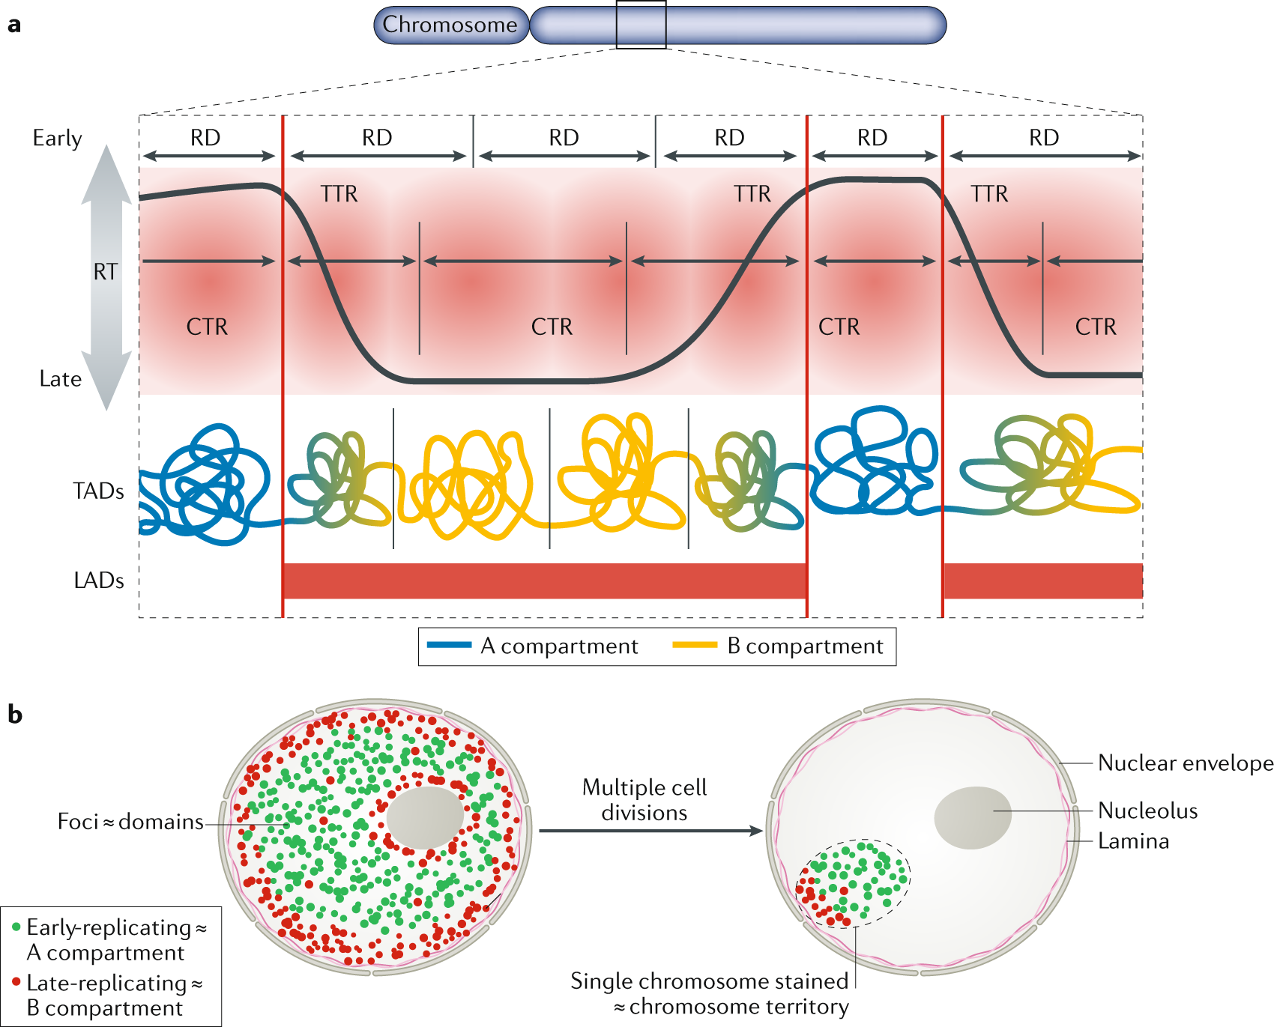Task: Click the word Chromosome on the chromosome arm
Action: coord(450,25)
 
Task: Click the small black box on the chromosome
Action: coord(641,25)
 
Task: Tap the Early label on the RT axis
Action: coord(57,139)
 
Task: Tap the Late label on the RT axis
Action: coord(60,379)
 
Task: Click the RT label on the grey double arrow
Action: coord(106,272)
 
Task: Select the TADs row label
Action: coord(98,491)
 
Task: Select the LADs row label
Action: coord(98,581)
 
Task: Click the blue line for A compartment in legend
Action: coord(449,645)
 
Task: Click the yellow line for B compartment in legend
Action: coord(695,645)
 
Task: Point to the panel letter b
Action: coord(14,715)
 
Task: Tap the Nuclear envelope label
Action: coord(1185,763)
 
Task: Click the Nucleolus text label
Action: coord(1147,811)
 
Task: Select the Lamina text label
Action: coord(1133,841)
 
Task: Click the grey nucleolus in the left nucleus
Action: coord(425,817)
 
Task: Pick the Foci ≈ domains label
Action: coord(130,822)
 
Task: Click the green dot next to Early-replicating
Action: coord(16,927)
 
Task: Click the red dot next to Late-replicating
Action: coord(16,981)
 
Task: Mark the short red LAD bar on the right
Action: coord(1042,581)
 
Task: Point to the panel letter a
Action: coord(13,25)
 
